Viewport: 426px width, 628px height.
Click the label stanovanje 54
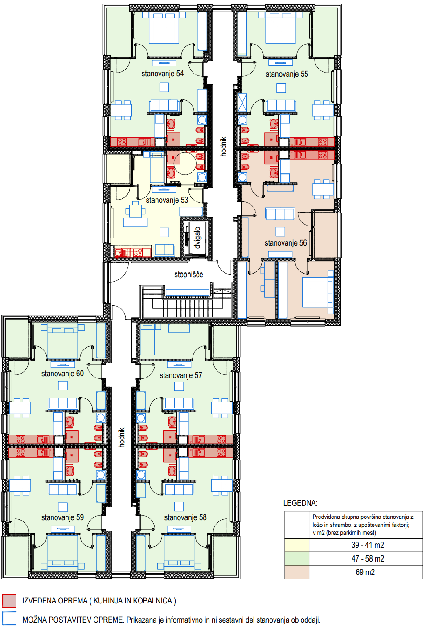163,74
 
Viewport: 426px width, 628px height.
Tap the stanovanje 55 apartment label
287,74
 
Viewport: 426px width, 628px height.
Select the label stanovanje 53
167,200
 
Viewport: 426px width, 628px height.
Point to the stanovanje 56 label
286,243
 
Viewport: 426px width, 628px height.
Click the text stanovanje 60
62,374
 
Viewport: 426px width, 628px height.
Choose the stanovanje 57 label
181,375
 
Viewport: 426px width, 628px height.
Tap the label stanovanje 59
62,517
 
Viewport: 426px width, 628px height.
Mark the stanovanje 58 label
185,517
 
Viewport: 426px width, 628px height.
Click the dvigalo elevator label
197,238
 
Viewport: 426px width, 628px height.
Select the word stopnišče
188,274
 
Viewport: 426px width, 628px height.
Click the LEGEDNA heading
300,503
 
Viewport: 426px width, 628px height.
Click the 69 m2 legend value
365,572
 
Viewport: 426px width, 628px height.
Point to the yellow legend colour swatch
296,545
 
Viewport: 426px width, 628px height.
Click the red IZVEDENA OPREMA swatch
9,601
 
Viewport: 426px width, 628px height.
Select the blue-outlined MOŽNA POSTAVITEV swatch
9,619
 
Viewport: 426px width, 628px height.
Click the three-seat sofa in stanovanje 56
280,214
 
